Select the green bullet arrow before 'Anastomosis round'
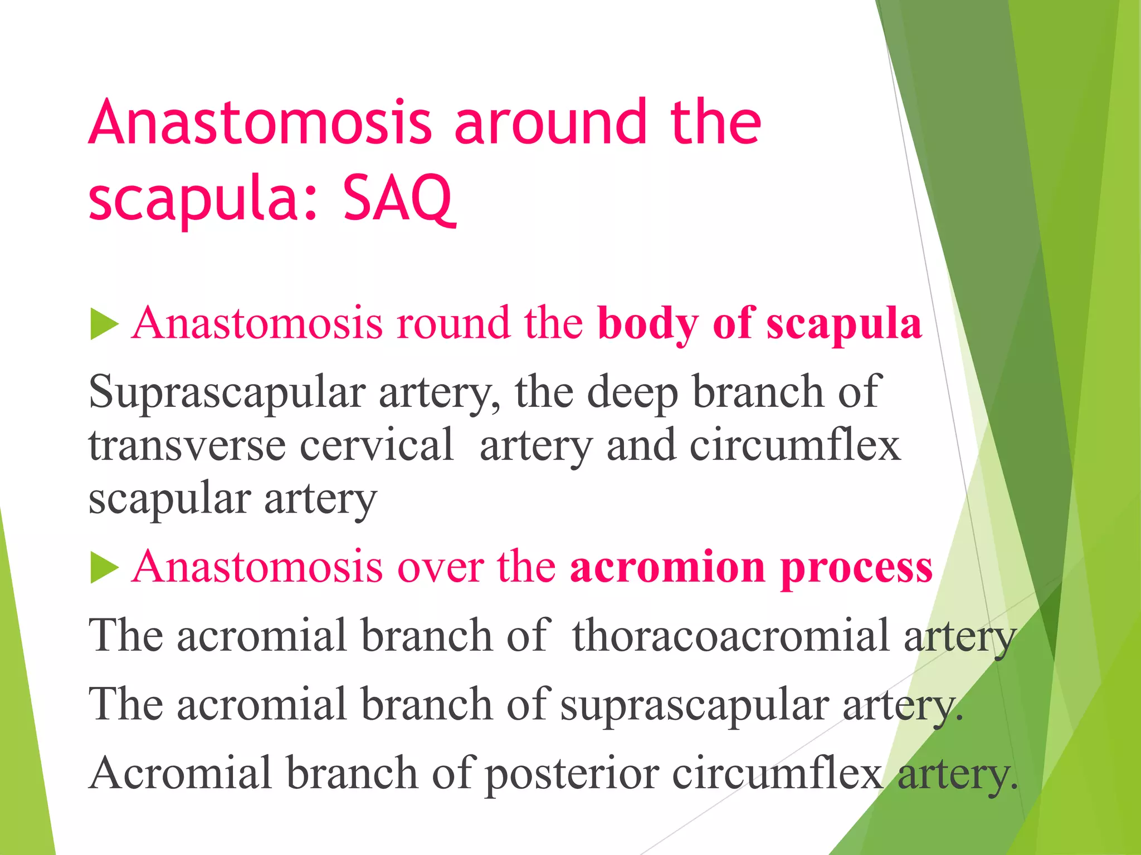click(x=104, y=325)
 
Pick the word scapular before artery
click(x=169, y=499)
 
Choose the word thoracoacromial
click(x=730, y=636)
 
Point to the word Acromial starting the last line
click(x=181, y=774)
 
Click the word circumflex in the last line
click(x=778, y=774)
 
